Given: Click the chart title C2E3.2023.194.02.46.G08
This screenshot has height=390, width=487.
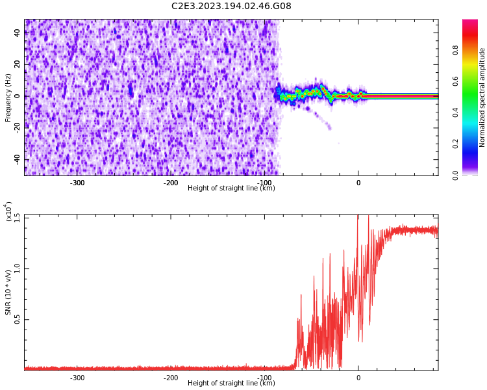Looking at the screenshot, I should (231, 6).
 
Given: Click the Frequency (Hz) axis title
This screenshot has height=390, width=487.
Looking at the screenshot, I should (8, 97).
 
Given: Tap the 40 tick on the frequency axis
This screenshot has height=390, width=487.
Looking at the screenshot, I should (18, 33).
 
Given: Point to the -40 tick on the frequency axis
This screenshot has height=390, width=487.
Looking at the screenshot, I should (16, 159).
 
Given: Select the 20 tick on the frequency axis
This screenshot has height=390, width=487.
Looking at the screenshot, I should (18, 64).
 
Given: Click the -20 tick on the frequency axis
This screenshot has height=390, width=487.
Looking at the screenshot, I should (16, 127).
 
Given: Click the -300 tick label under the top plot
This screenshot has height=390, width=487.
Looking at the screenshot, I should (77, 183).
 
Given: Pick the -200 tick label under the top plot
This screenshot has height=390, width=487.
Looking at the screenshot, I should (171, 183).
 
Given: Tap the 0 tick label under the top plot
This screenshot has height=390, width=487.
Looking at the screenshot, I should (358, 183).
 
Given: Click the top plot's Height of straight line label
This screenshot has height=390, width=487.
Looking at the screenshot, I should (231, 188).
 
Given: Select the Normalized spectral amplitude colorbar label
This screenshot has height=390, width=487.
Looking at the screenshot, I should (482, 97).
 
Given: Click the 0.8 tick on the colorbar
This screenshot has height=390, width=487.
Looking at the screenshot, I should (473, 49).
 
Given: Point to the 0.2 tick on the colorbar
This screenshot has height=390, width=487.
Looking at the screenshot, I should (473, 144).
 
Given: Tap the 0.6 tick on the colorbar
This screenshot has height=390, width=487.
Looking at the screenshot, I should (473, 81).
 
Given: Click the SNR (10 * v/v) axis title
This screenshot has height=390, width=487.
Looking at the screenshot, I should (8, 292).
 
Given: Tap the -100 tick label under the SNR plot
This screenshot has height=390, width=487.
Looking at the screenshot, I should (264, 378).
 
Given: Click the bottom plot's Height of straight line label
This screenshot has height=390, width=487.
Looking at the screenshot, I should (231, 383).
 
